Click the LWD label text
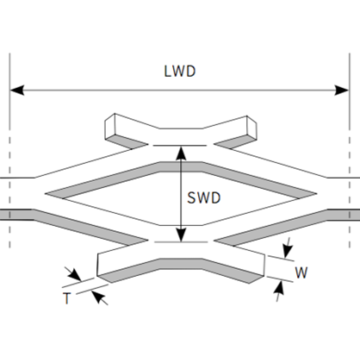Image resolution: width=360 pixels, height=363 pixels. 180,72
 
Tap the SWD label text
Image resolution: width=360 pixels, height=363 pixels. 204,197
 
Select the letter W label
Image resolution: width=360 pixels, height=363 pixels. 301,272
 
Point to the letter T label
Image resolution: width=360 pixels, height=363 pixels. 66,298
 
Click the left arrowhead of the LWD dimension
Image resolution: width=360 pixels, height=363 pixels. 16,90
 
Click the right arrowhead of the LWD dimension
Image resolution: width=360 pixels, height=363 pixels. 342,90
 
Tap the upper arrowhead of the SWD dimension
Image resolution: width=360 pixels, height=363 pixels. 181,153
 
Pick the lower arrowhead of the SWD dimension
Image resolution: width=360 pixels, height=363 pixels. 181,235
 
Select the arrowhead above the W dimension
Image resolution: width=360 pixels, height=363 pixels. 288,251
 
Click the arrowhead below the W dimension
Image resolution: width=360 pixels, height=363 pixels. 280,288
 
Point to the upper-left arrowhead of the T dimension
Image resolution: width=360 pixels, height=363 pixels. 75,275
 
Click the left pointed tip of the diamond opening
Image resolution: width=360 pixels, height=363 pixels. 46,194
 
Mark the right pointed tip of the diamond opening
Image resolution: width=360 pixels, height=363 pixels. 317,193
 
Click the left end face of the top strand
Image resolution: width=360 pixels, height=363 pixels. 109,126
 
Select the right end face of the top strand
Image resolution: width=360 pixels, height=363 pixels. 251,128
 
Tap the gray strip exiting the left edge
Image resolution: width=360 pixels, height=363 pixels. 16,215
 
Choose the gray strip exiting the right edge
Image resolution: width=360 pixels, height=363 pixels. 344,215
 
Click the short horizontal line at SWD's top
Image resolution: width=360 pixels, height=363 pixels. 180,146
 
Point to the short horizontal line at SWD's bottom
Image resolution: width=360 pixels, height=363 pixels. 181,242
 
